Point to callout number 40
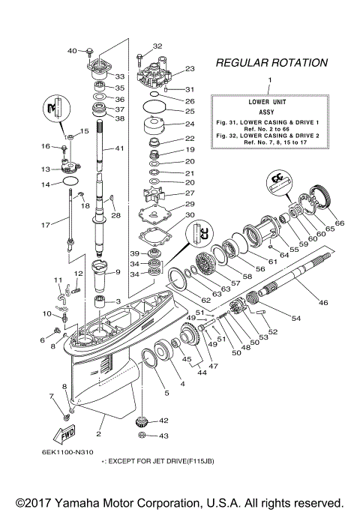point(72,51)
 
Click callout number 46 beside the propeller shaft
point(324,302)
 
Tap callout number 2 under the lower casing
point(100,433)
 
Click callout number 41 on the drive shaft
point(119,149)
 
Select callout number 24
point(190,124)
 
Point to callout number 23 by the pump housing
point(190,68)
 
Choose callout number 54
point(295,319)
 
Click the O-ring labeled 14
point(68,181)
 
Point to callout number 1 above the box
point(271,79)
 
